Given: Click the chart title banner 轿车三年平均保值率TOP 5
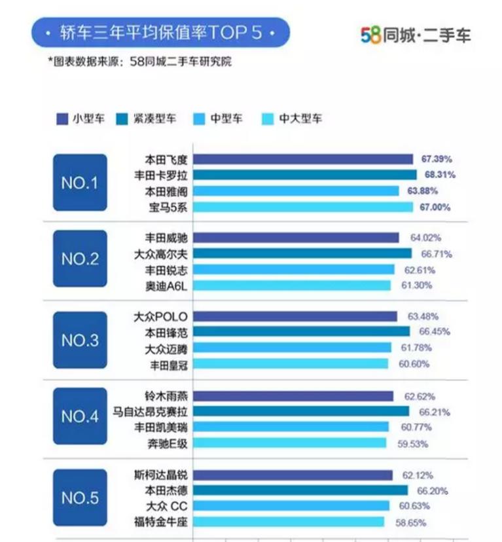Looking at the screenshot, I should coord(160,32).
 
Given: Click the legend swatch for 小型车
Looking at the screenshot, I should coord(63,118).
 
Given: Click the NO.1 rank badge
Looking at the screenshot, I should coord(79,183).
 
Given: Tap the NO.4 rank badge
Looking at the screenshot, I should coord(79,416).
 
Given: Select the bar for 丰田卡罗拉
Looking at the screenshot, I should coord(305,175).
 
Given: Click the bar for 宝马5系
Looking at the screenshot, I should coord(303,207).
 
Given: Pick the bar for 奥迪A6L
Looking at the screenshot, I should coord(293,285).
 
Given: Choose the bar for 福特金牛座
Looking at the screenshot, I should coord(289,522).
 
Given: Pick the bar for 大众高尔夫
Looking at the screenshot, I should coord(303,253).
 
